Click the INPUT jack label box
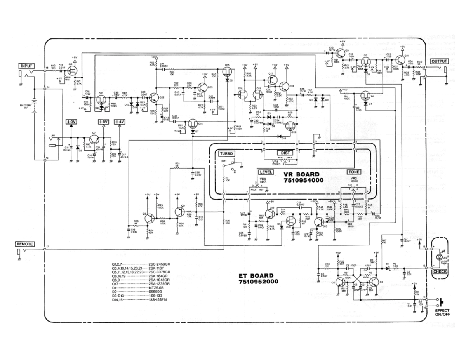pyautogui.click(x=26, y=66)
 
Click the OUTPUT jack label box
pyautogui.click(x=439, y=61)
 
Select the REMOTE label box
pyautogui.click(x=25, y=244)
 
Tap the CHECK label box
pyautogui.click(x=440, y=271)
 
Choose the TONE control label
pyautogui.click(x=354, y=172)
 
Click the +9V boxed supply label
pyautogui.click(x=71, y=122)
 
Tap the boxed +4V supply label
pyautogui.click(x=120, y=122)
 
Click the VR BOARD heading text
pyautogui.click(x=301, y=174)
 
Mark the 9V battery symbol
pyautogui.click(x=35, y=104)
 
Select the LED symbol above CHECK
pyautogui.click(x=440, y=256)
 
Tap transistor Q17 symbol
pyautogui.click(x=271, y=80)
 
